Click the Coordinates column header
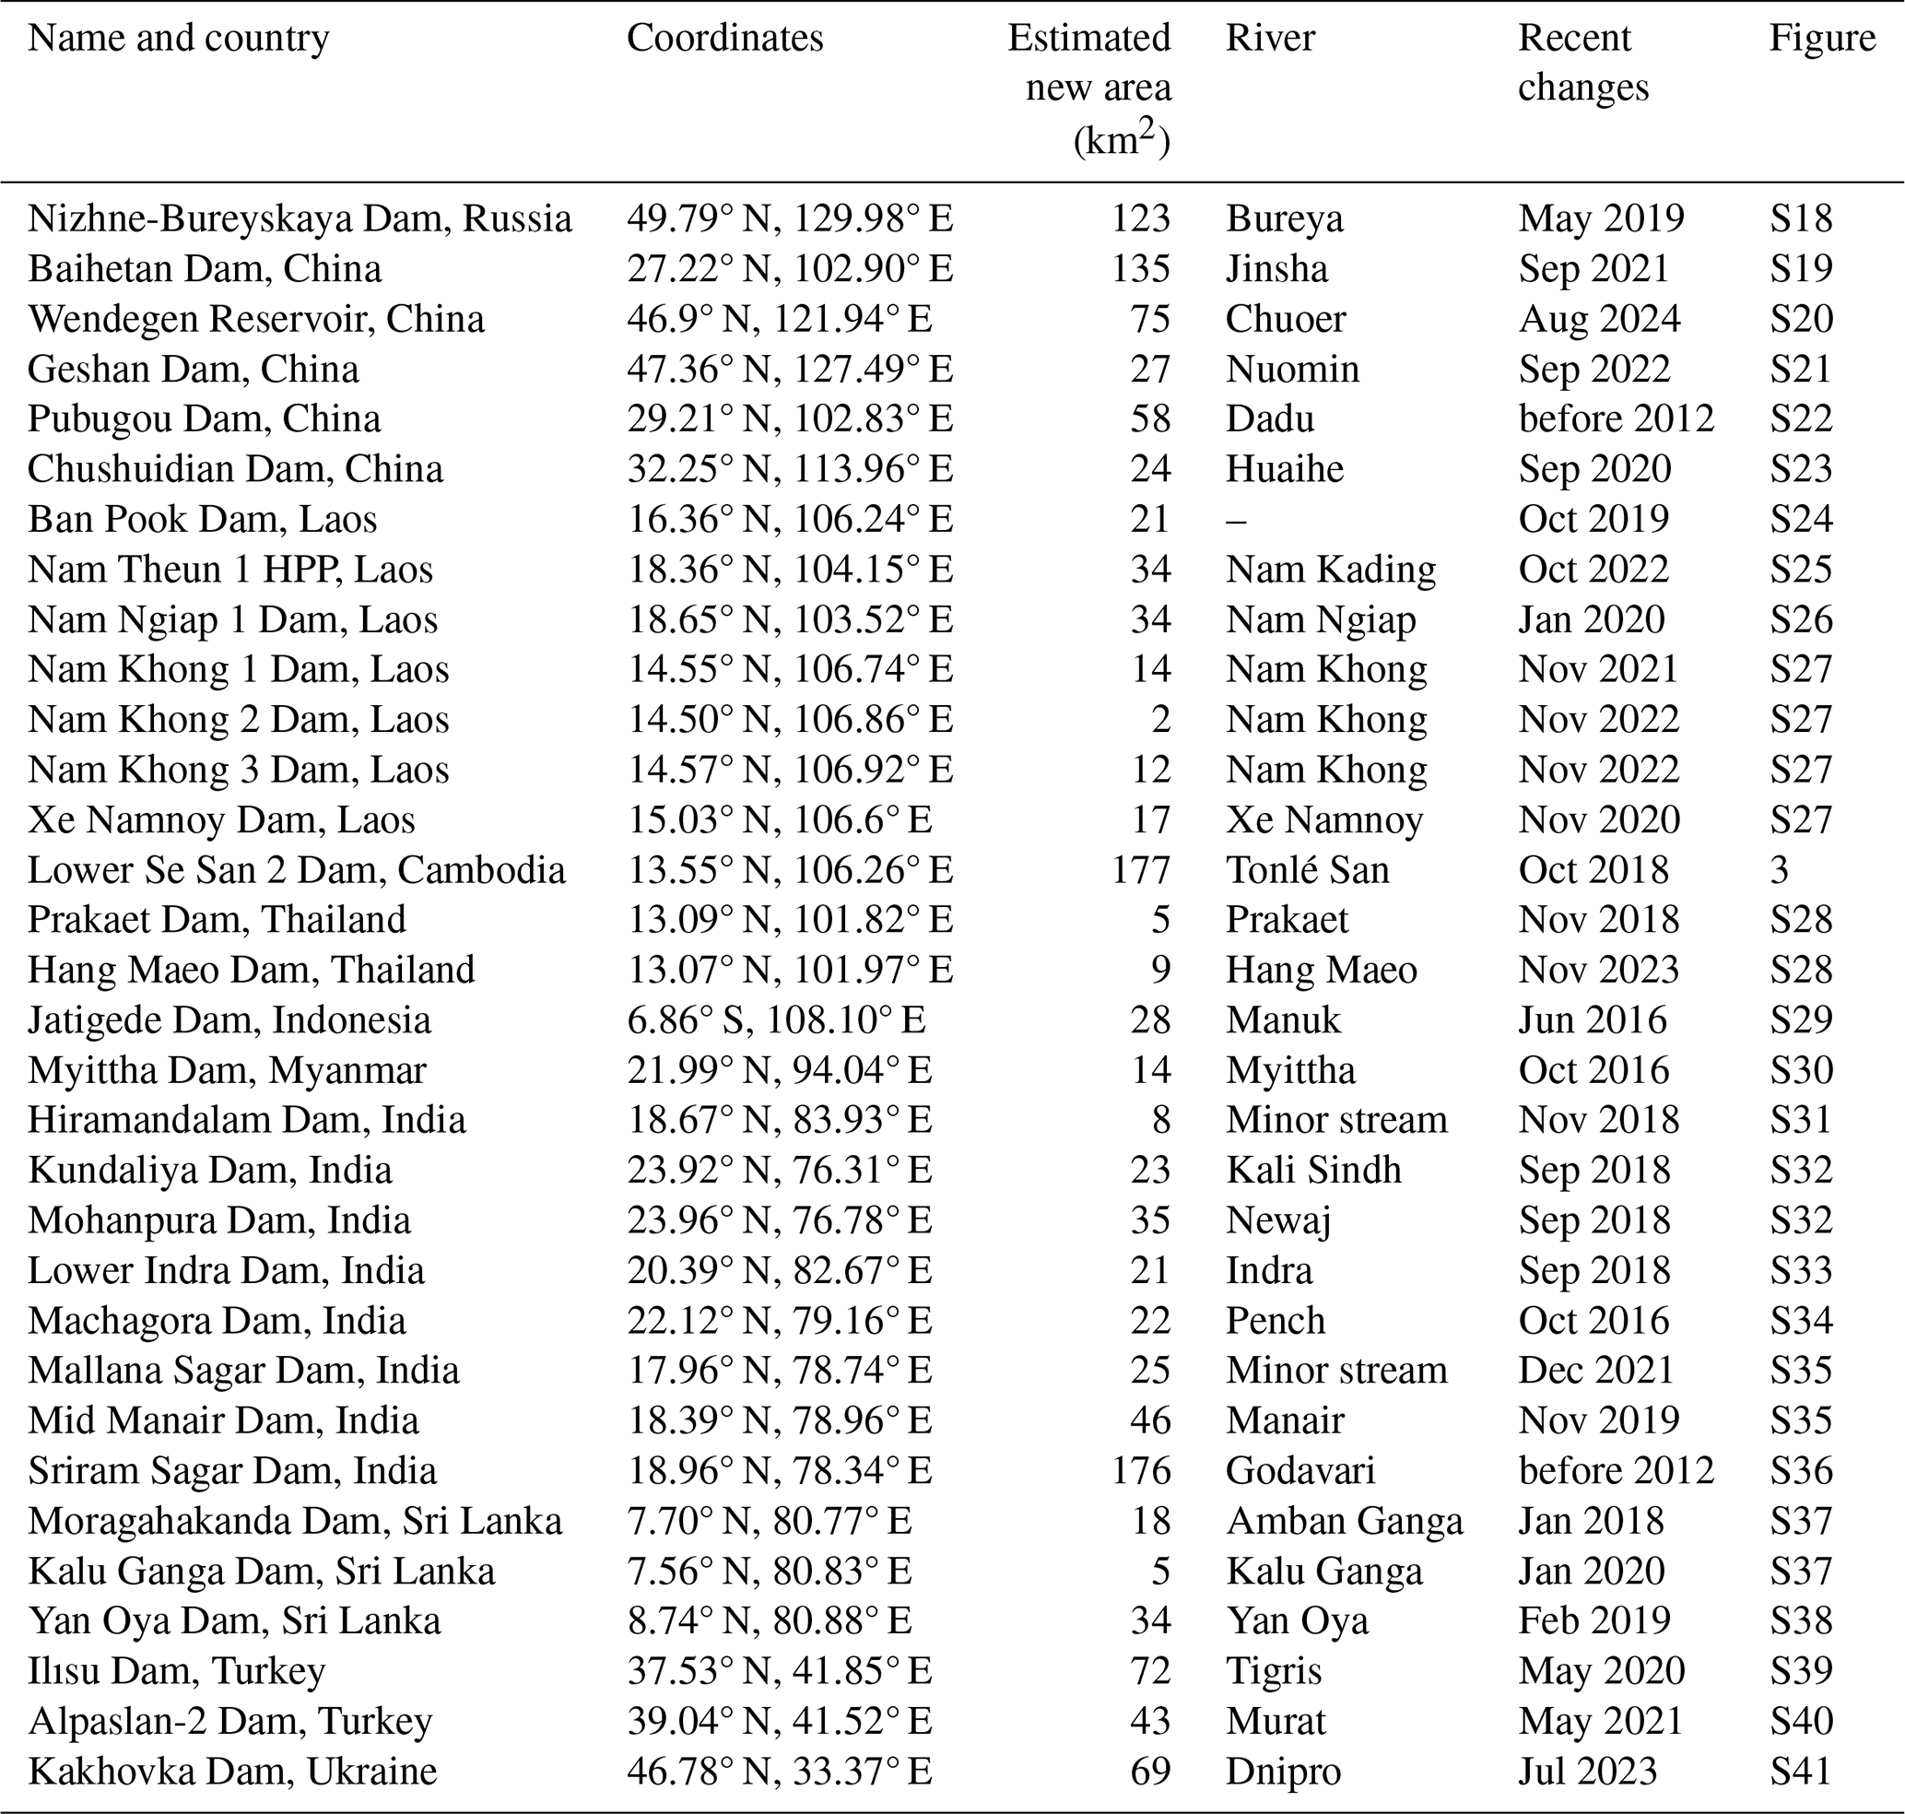(x=724, y=38)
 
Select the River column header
(x=1270, y=38)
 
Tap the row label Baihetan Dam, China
(x=204, y=268)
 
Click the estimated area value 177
(x=1141, y=869)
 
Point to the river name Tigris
(x=1273, y=1670)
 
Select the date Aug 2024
(x=1599, y=318)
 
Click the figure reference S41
(x=1801, y=1771)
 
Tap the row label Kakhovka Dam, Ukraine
(x=232, y=1771)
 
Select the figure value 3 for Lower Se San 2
(x=1779, y=869)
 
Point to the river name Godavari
(x=1299, y=1470)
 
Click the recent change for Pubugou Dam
(x=1616, y=418)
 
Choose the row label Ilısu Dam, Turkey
(x=176, y=1670)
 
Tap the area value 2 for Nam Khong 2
(x=1160, y=718)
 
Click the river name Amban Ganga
(x=1344, y=1520)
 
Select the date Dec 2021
(x=1595, y=1369)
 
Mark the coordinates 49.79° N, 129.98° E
(x=790, y=218)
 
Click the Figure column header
(x=1822, y=38)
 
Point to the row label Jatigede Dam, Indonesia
(x=229, y=1019)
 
